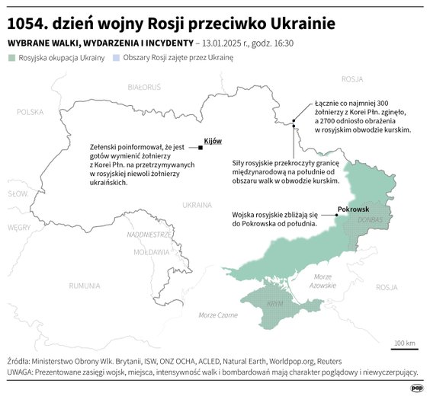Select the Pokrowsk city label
[x=353, y=208]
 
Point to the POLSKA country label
[x=31, y=112]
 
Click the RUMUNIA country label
[x=84, y=286]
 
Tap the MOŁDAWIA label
[x=151, y=251]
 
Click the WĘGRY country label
[x=19, y=227]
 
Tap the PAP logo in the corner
[x=416, y=387]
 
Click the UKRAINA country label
[x=197, y=204]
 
